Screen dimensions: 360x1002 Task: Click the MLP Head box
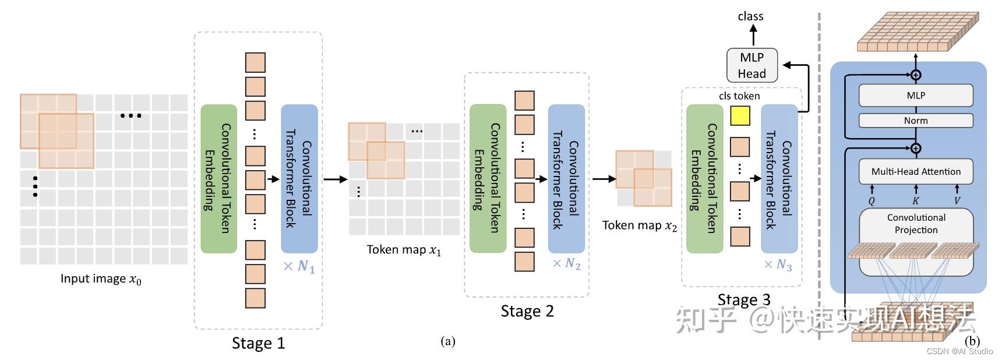click(x=751, y=65)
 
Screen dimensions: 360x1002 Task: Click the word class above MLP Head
click(x=750, y=16)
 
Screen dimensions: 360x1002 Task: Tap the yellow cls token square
click(x=740, y=116)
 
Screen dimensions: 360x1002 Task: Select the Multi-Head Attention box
click(x=916, y=171)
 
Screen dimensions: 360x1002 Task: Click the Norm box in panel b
click(x=916, y=121)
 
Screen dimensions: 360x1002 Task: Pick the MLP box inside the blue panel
click(x=916, y=96)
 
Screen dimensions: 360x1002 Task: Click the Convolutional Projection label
click(x=916, y=224)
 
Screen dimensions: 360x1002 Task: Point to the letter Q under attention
click(x=872, y=201)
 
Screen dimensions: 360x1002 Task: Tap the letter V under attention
click(x=957, y=201)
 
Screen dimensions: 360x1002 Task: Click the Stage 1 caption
click(x=258, y=343)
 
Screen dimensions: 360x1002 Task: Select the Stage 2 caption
click(x=527, y=311)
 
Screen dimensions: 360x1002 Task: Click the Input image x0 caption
click(x=101, y=279)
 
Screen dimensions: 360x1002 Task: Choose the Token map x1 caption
click(x=404, y=250)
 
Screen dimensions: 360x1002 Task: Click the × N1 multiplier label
click(x=299, y=267)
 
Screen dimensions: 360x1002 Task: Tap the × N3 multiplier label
click(x=778, y=265)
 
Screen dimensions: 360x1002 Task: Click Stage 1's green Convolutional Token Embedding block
click(x=218, y=178)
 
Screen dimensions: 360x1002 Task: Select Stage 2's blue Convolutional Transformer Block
click(x=566, y=178)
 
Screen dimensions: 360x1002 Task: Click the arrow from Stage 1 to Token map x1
click(x=335, y=179)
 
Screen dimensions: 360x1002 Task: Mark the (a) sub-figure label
click(x=448, y=341)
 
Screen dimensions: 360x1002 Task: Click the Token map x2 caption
click(x=639, y=226)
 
